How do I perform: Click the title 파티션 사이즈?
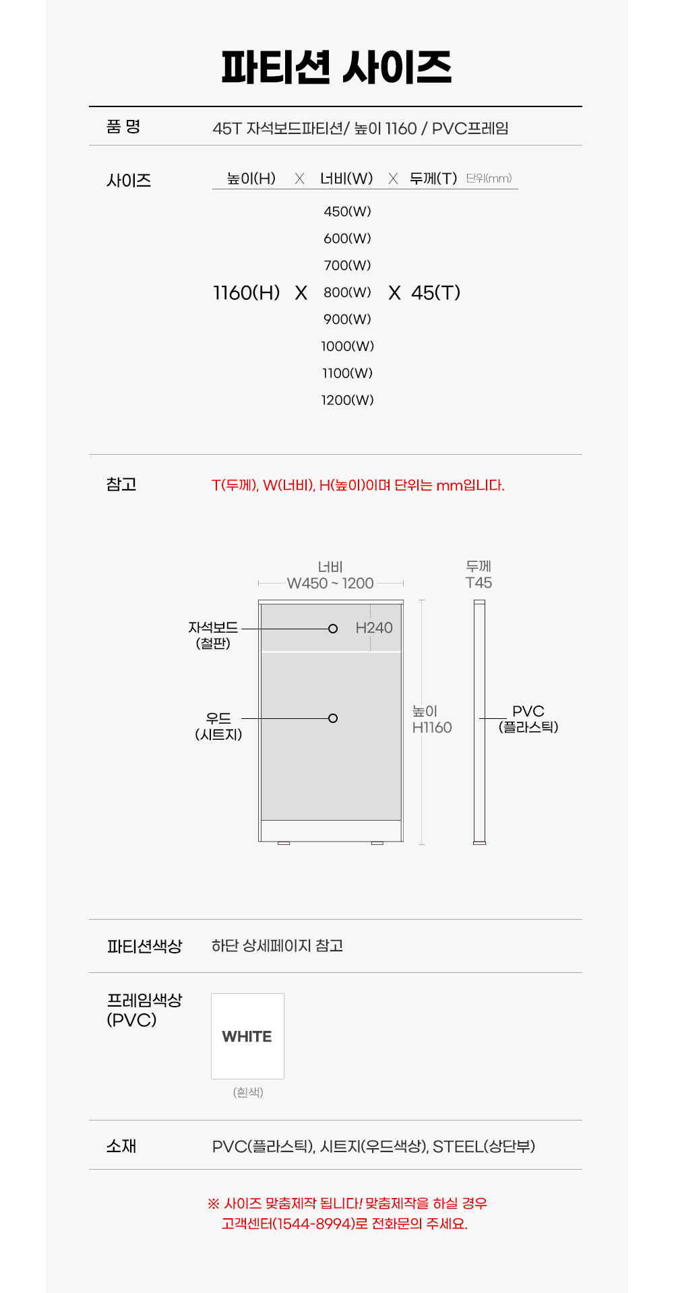[336, 67]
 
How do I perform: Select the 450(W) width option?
[347, 212]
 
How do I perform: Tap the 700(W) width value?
[347, 265]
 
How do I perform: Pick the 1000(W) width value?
[347, 346]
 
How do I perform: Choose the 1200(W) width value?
[347, 400]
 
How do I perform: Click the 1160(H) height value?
[247, 292]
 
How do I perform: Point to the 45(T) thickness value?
[436, 292]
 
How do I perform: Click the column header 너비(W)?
[346, 179]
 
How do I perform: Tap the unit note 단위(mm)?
[489, 178]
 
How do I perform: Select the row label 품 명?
[123, 126]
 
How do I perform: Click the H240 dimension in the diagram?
[374, 628]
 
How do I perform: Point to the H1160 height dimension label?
[432, 728]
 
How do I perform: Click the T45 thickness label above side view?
[479, 583]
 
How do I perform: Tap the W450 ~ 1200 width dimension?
[330, 584]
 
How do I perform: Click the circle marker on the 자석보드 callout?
[332, 629]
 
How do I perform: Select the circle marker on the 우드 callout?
[332, 718]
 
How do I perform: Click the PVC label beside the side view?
[528, 712]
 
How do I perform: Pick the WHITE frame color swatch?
[247, 1036]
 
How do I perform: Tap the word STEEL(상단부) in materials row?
[484, 1146]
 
